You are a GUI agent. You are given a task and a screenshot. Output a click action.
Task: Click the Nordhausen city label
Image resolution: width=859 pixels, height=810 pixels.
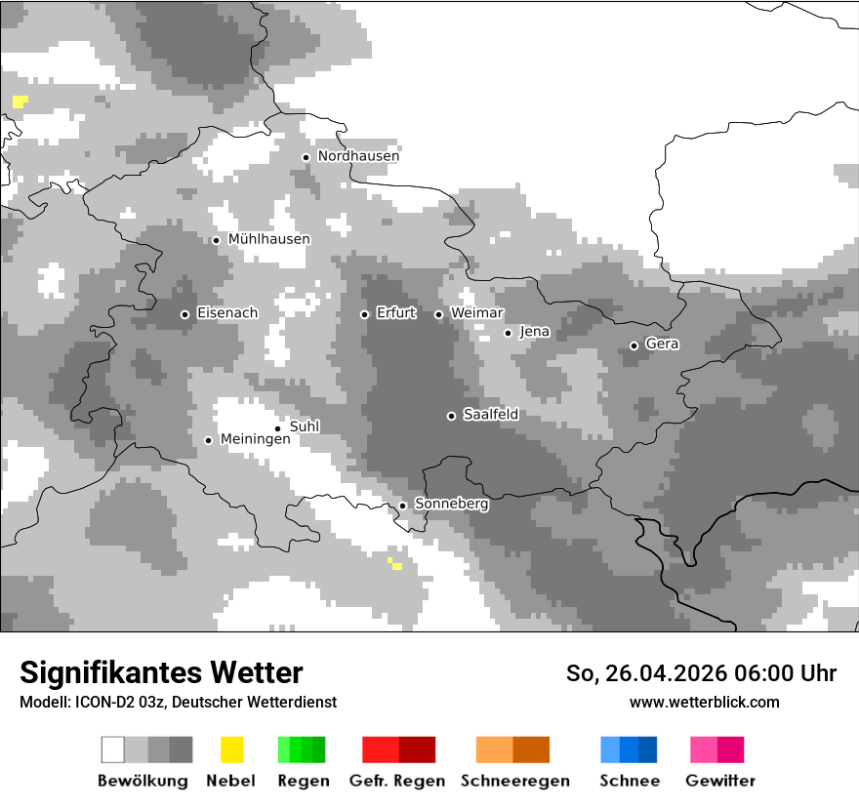358,156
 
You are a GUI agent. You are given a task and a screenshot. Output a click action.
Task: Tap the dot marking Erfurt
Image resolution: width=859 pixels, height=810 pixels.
364,314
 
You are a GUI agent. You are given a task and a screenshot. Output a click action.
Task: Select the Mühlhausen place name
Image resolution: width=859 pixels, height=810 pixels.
268,239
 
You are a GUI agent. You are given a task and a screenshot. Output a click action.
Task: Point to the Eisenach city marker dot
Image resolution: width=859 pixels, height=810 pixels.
184,314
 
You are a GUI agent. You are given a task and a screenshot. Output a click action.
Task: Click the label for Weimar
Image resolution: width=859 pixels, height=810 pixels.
476,313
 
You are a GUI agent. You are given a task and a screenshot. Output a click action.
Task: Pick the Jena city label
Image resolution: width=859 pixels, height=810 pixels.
534,332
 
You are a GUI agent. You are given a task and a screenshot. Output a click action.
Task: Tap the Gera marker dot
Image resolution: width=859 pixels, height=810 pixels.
634,345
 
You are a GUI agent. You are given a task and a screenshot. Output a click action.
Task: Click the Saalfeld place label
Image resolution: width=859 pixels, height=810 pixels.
490,415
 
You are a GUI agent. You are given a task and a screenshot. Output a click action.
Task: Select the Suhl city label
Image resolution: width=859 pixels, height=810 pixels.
304,426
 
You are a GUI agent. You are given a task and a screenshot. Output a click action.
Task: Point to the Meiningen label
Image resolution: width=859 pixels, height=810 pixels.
255,440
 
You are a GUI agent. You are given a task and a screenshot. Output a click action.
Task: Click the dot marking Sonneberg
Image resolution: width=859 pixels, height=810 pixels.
402,506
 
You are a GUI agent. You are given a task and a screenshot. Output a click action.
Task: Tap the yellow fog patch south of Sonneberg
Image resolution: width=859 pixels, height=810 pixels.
395,564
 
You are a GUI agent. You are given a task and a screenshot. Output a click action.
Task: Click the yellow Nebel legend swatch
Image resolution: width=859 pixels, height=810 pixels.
231,749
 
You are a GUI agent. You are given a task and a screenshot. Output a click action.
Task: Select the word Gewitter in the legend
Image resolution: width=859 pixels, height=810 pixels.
719,781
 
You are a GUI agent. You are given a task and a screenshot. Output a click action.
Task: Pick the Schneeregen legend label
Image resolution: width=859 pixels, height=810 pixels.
514,781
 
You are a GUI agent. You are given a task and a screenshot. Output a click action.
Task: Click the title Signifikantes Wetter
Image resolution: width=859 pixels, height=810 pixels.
161,672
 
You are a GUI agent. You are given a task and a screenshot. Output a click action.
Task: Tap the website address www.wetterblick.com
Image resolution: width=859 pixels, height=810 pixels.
704,702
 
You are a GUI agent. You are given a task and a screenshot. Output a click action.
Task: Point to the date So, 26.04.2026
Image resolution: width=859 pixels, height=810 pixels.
641,673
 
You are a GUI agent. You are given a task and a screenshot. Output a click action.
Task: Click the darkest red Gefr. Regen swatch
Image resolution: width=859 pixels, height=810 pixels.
417,749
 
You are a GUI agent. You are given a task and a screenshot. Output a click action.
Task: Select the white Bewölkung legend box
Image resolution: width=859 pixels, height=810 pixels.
113,749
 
